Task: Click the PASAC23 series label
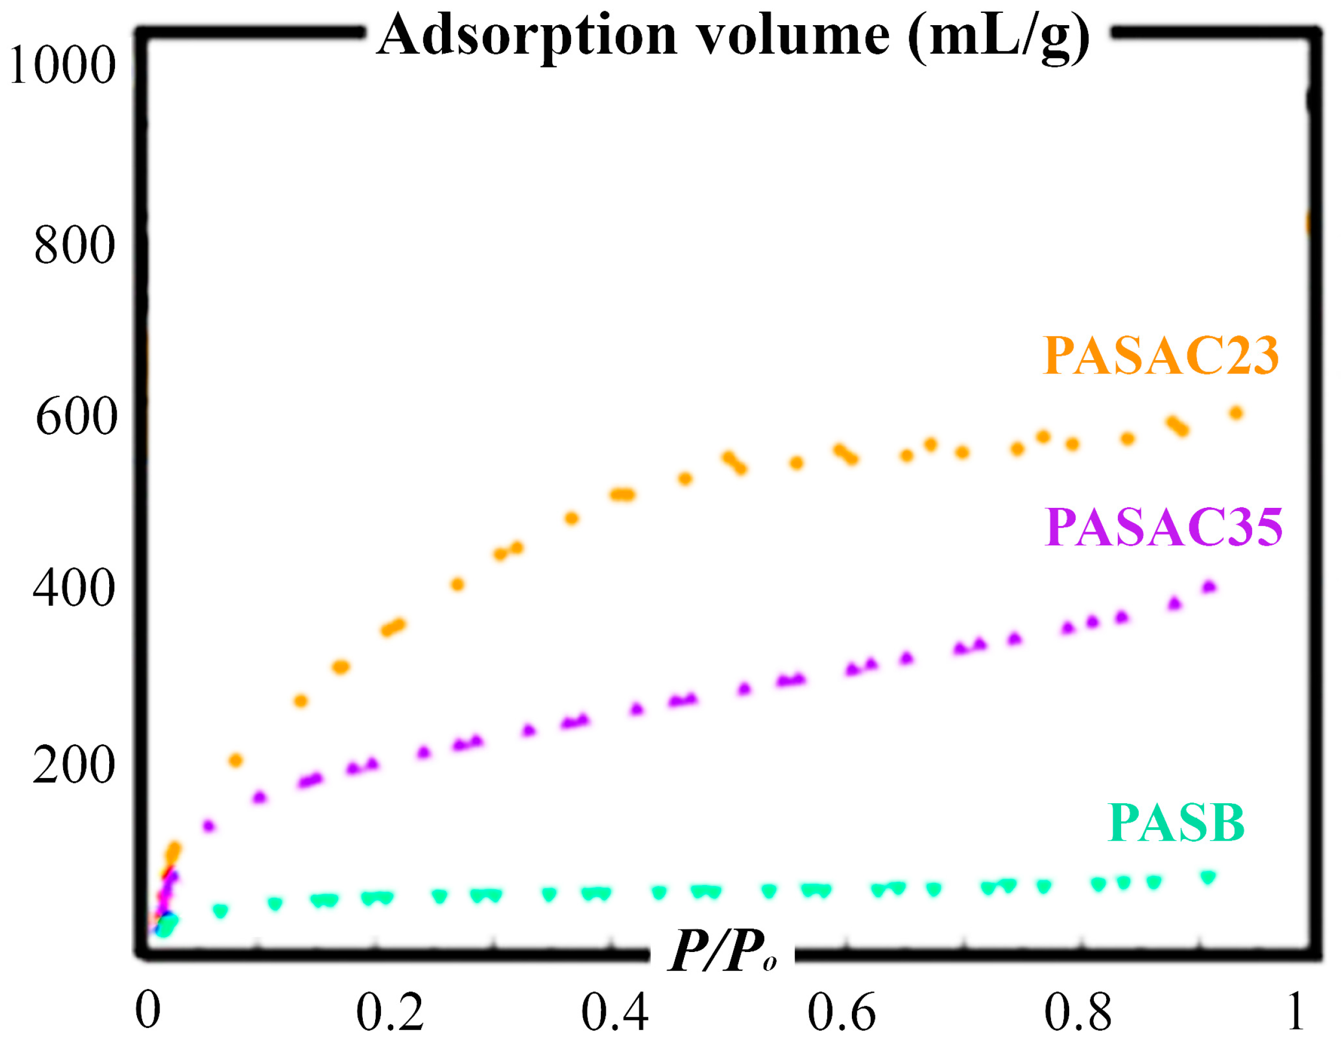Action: pyautogui.click(x=1160, y=356)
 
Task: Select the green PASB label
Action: pyautogui.click(x=1176, y=824)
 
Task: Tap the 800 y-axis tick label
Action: pyautogui.click(x=74, y=245)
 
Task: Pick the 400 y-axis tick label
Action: pyautogui.click(x=74, y=588)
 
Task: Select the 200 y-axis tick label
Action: pyautogui.click(x=74, y=765)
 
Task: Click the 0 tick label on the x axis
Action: pyautogui.click(x=148, y=1011)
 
